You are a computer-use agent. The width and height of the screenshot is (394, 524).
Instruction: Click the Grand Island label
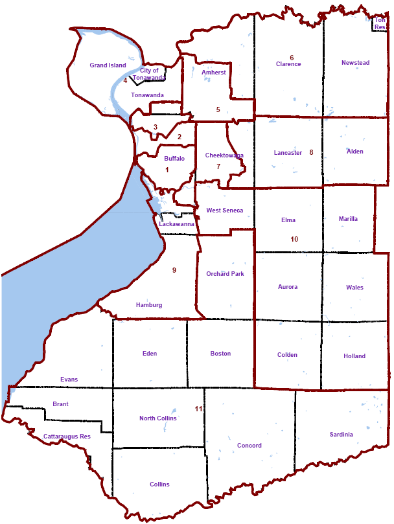click(108, 65)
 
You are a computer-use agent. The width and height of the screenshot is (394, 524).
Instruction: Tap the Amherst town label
click(214, 73)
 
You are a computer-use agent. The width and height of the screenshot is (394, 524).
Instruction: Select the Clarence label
click(288, 64)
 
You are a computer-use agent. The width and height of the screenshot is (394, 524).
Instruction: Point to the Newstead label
click(355, 63)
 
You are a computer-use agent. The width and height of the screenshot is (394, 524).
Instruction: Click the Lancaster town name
click(288, 153)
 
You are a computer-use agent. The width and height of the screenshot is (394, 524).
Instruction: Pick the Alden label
click(355, 152)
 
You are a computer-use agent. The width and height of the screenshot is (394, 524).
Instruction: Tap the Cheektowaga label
click(224, 155)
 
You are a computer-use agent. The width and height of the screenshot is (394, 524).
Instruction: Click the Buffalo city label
click(174, 158)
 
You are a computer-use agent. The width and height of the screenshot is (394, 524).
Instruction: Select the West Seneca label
click(225, 211)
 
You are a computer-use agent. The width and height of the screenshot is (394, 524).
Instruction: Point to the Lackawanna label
click(177, 224)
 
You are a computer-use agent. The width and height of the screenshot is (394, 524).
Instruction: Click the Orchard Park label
click(225, 274)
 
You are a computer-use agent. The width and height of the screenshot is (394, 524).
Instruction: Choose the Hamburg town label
click(149, 305)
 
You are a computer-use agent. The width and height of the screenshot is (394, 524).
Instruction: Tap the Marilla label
click(348, 219)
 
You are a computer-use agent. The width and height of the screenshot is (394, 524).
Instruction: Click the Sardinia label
click(341, 435)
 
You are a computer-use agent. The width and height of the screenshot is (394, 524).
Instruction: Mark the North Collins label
click(157, 418)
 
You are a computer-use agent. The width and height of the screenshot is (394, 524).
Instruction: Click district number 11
click(199, 409)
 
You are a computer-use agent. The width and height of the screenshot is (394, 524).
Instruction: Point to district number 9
click(174, 270)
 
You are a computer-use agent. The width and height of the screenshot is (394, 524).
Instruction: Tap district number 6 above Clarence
click(292, 58)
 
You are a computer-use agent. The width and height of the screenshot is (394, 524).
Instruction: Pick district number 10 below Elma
click(294, 239)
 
